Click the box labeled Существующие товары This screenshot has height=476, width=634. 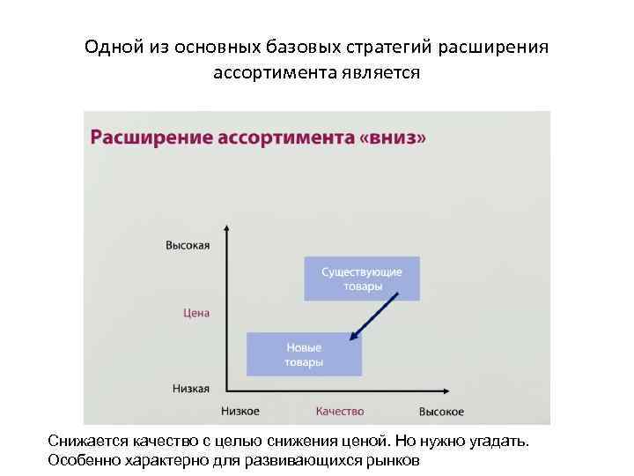362,279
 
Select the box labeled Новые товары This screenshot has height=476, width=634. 304,354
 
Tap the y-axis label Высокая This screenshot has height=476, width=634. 188,245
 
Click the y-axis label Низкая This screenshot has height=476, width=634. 189,388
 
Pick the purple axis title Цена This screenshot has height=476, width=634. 196,313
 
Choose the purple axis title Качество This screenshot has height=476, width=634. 339,412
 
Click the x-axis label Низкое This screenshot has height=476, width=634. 240,412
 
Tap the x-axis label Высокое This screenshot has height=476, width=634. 441,412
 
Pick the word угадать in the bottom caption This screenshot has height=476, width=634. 500,441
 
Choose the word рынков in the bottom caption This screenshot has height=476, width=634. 396,460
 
